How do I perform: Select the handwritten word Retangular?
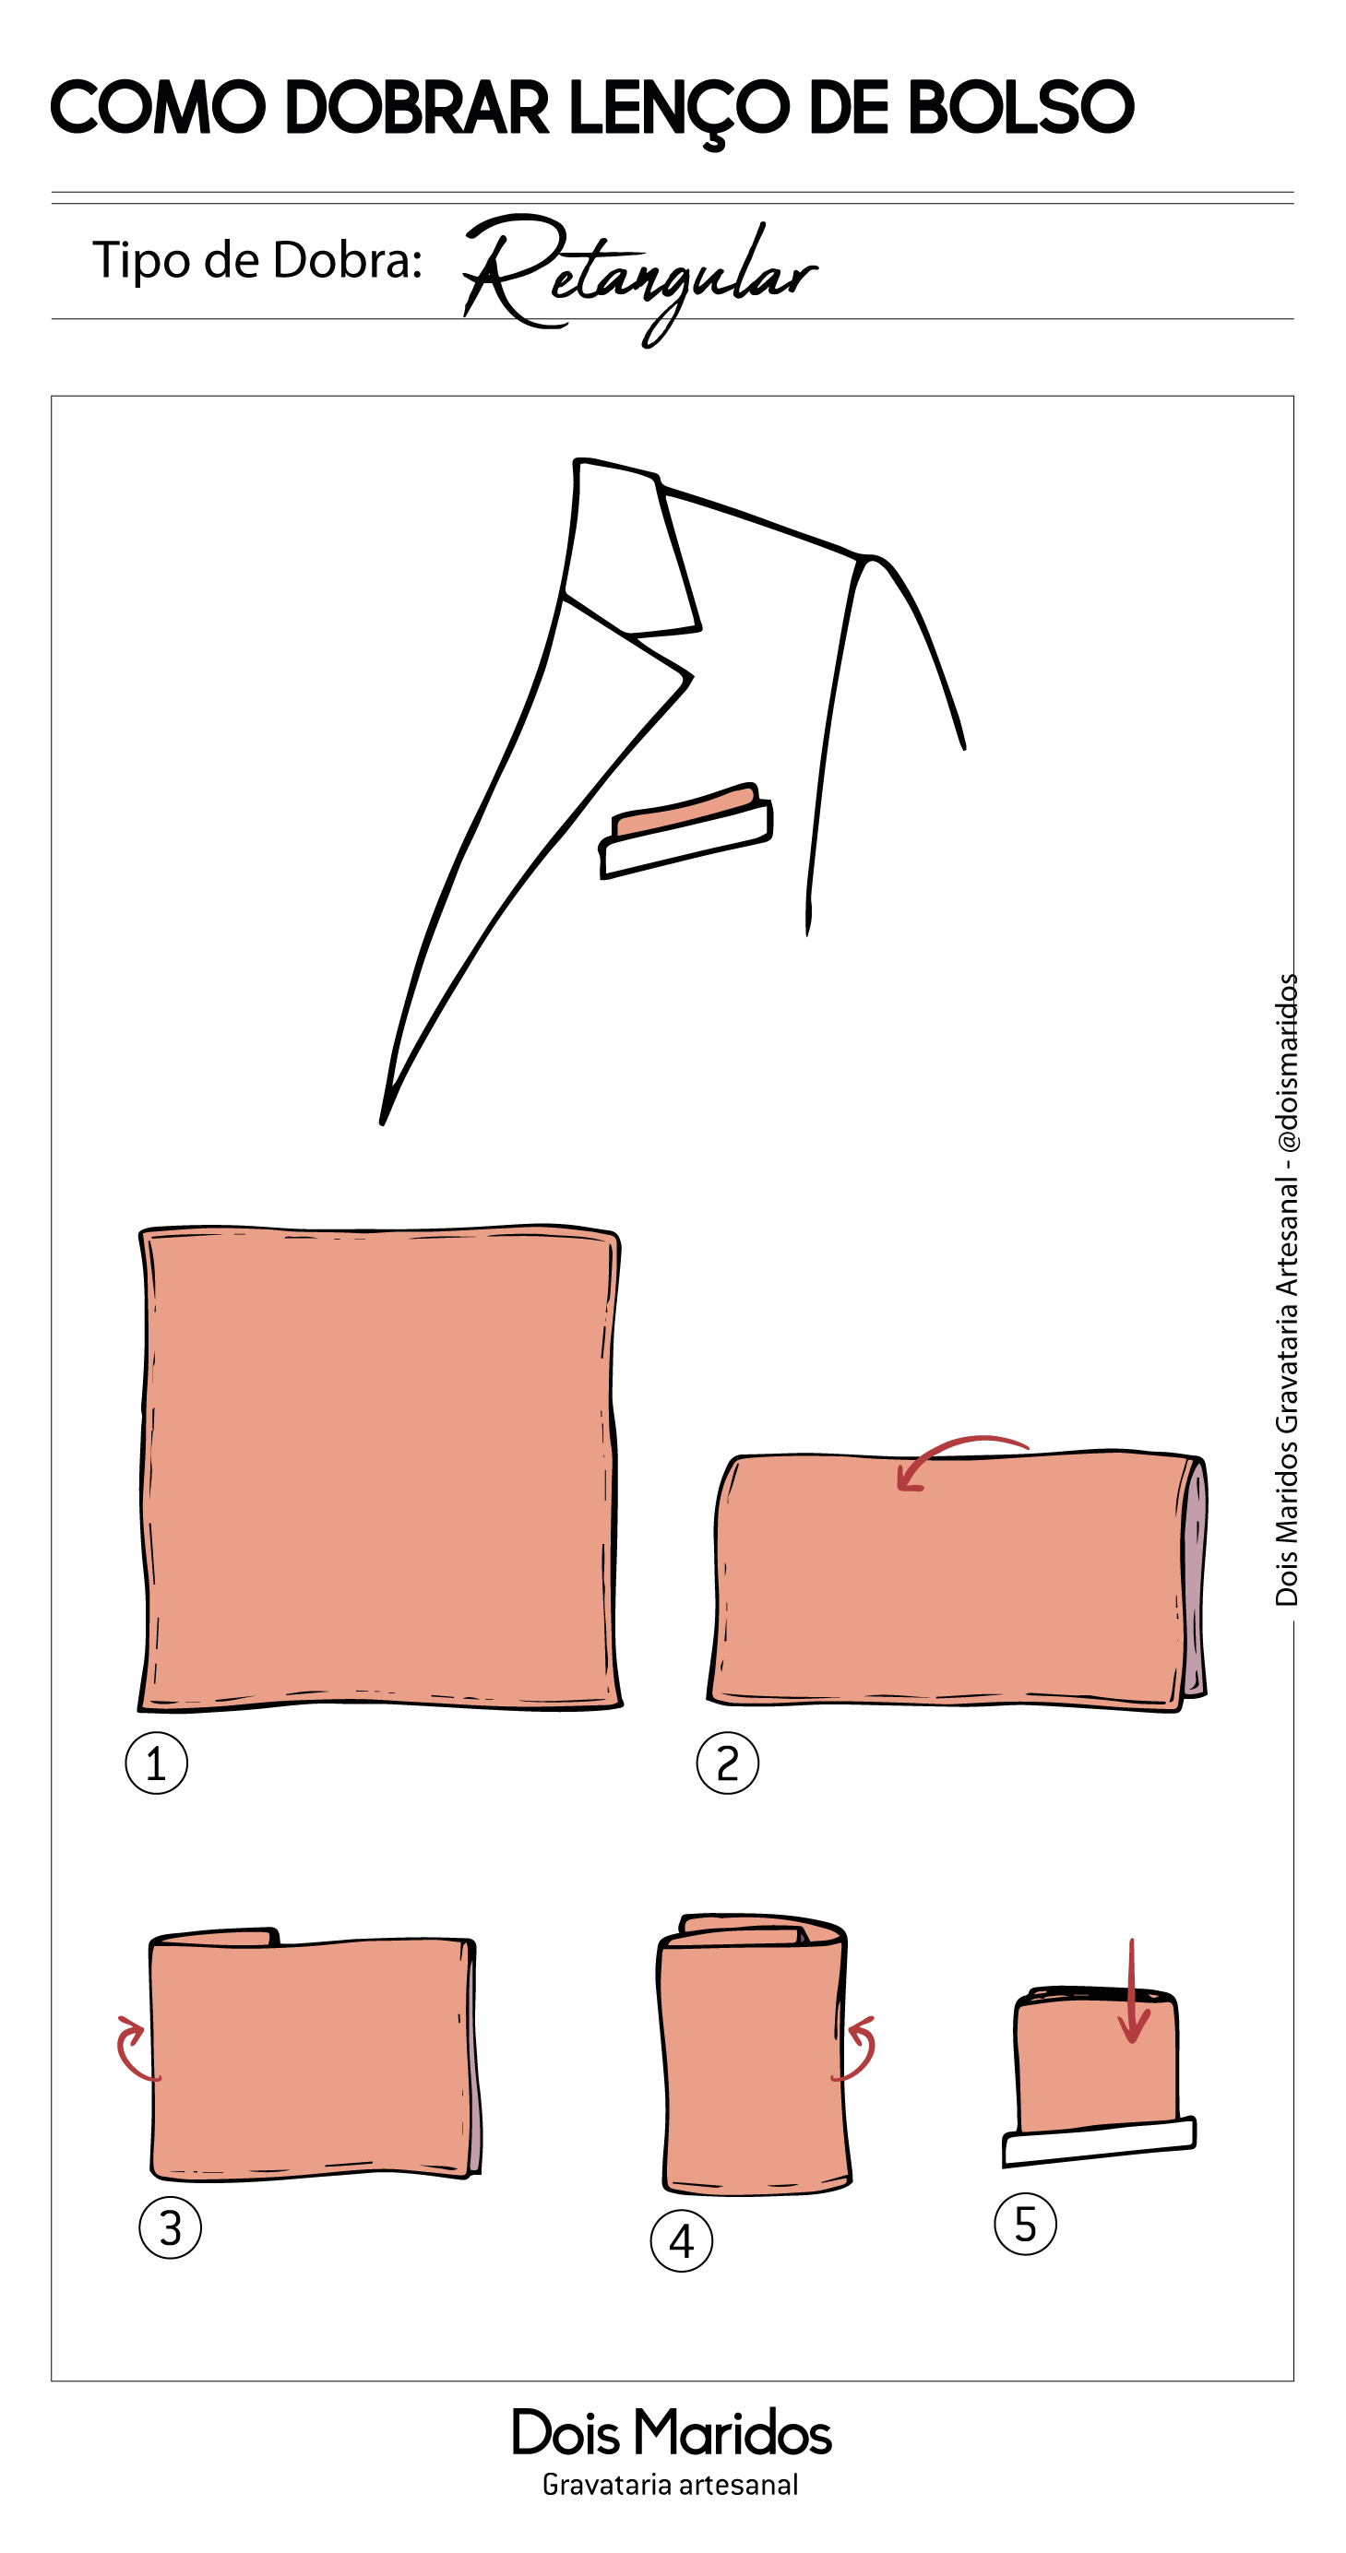point(639,278)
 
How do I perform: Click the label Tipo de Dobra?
point(257,260)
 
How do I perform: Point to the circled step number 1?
point(157,1763)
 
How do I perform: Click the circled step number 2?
point(728,1763)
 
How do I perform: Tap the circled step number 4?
point(682,2241)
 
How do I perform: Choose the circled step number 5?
point(1026,2223)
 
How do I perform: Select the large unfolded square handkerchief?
point(379,1467)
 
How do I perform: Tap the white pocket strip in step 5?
point(1099,2141)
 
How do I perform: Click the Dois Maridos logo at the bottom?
point(671,2432)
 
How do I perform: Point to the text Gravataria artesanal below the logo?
point(670,2485)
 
